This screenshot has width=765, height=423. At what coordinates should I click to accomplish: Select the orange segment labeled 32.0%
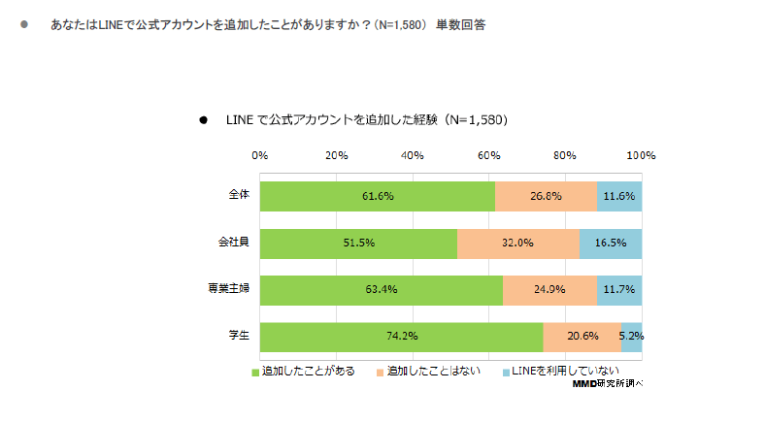(517, 243)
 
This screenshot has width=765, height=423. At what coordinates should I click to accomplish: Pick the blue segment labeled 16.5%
(611, 243)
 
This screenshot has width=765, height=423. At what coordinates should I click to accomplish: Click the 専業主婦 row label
(231, 288)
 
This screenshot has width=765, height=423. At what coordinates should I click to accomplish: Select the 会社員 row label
(234, 242)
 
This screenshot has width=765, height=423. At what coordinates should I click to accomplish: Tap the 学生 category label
(239, 335)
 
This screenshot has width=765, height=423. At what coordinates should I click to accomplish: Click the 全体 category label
(239, 195)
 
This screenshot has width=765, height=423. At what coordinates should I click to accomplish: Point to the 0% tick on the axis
(259, 155)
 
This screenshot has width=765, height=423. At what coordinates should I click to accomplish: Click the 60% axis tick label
(488, 155)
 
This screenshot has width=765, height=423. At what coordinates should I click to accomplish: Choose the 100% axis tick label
(641, 155)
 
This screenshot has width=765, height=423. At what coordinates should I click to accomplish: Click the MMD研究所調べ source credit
(608, 384)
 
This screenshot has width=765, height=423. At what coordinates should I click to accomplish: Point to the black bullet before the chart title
(204, 121)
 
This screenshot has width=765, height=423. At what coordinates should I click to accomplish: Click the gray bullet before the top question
(23, 25)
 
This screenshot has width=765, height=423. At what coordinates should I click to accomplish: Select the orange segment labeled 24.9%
(549, 289)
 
